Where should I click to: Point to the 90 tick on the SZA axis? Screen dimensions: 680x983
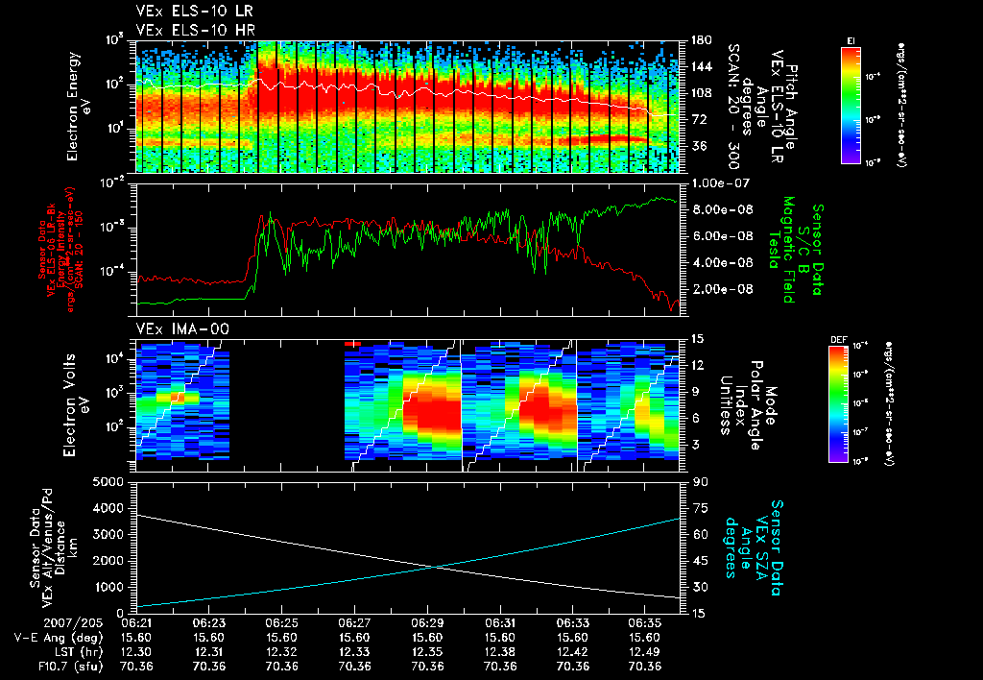tap(698, 481)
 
